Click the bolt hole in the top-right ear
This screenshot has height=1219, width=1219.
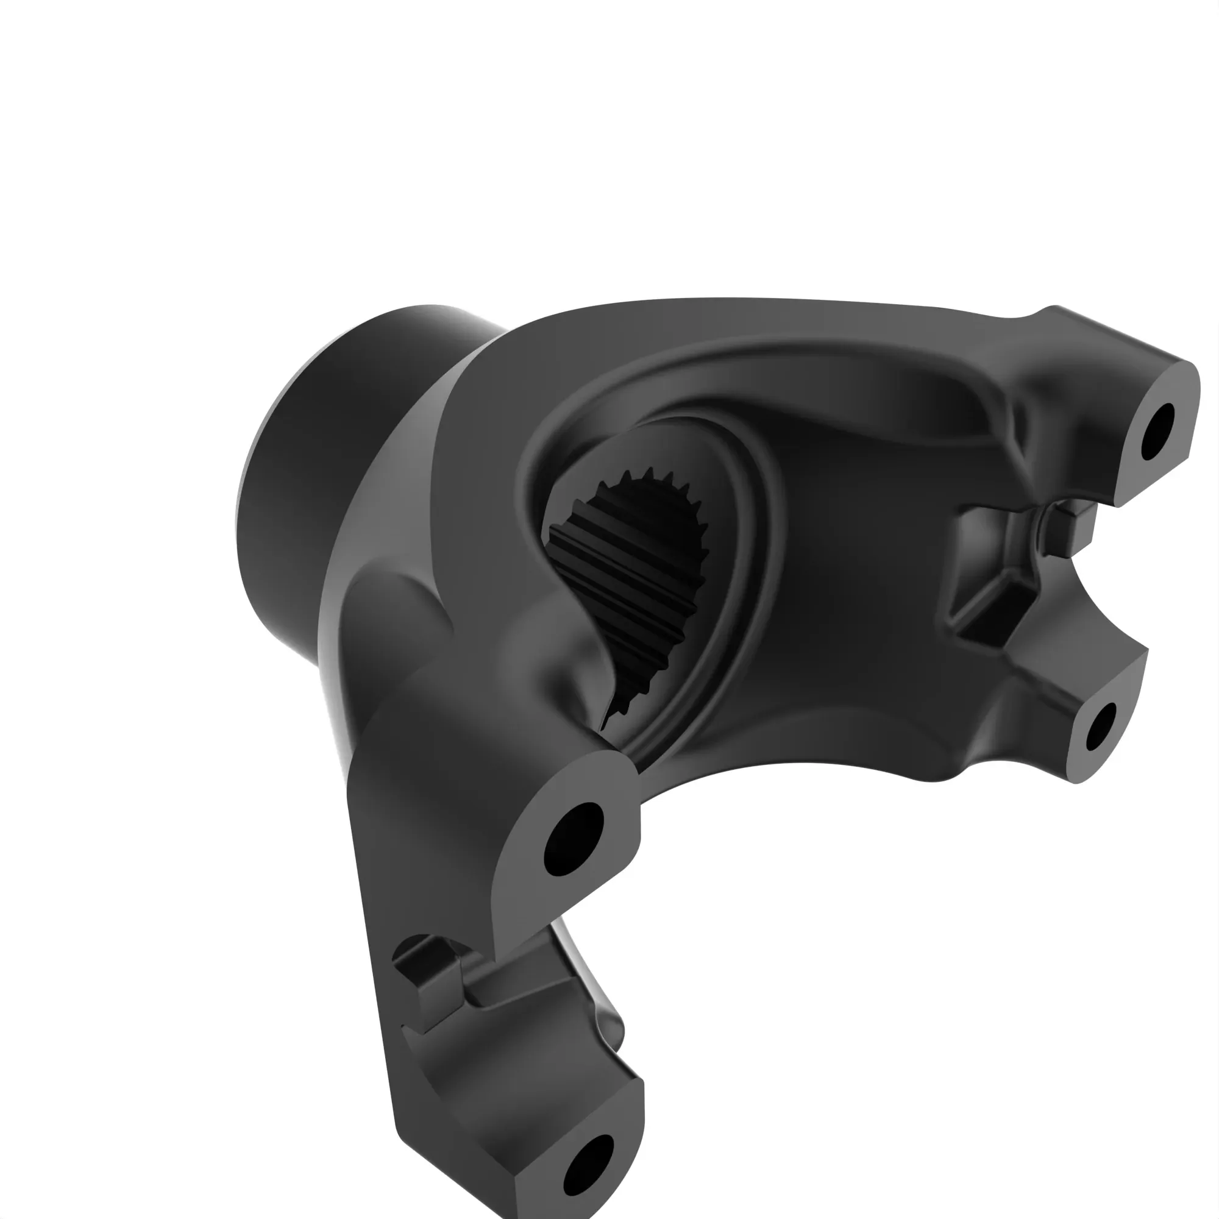coord(1158,432)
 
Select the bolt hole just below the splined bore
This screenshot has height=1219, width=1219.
coord(573,839)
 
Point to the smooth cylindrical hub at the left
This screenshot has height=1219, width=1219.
coord(297,480)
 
